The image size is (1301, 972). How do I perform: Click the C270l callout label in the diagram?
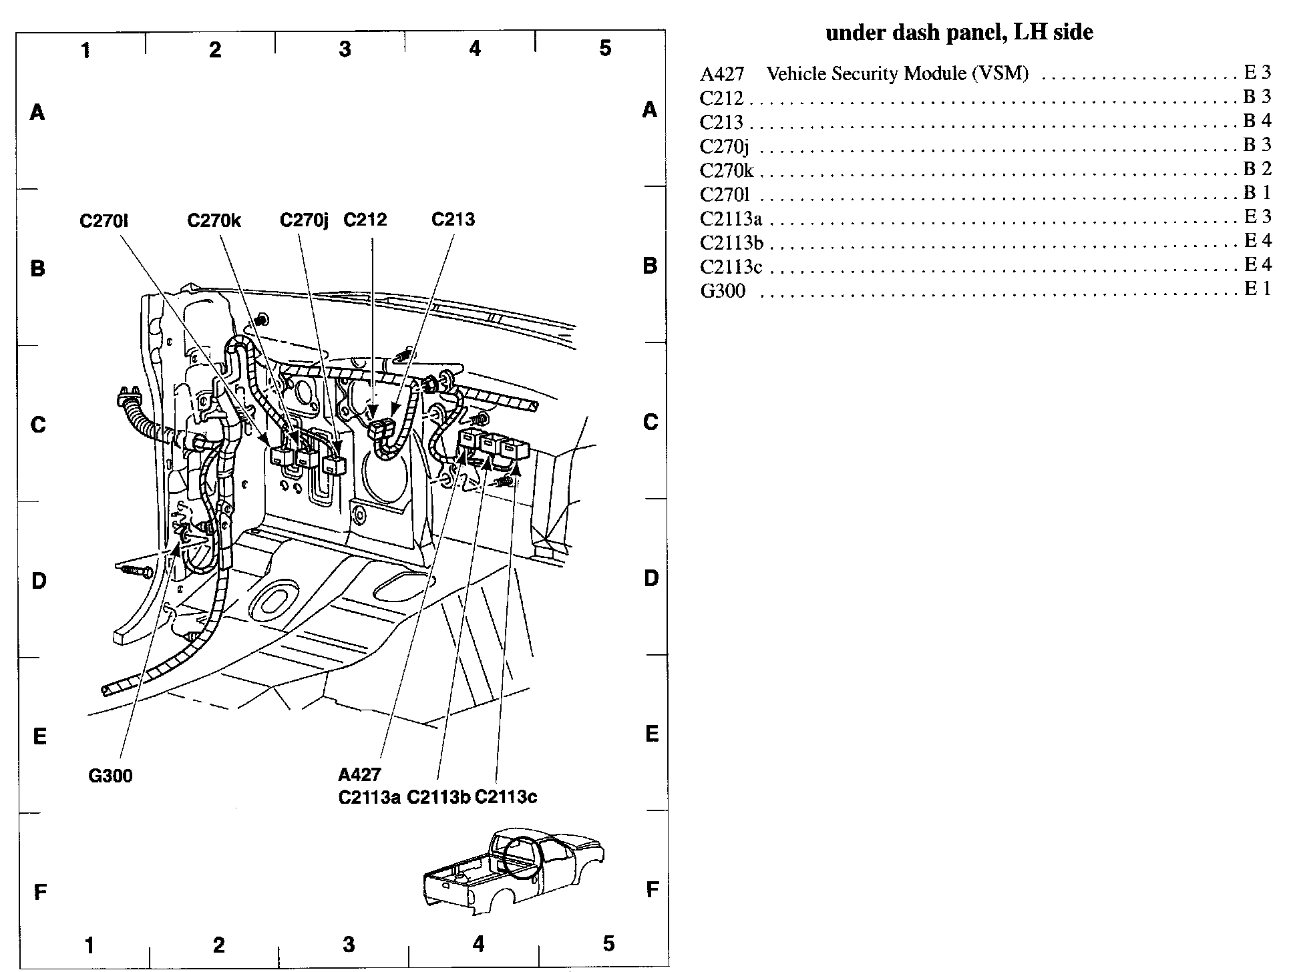coord(104,220)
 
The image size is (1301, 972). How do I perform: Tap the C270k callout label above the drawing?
coord(214,220)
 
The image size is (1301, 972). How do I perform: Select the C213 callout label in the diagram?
coord(453,220)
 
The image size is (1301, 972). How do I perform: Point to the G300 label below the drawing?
coord(110,776)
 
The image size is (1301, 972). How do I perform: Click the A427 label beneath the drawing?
coord(359,774)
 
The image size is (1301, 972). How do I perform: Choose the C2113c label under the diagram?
coord(506,797)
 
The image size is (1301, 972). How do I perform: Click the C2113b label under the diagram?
coord(439,797)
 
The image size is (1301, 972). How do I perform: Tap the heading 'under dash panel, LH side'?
coord(959,33)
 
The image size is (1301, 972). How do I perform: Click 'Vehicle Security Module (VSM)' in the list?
coord(897,73)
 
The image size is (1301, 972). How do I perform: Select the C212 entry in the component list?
coord(721,98)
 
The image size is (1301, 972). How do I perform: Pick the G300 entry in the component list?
coord(723,291)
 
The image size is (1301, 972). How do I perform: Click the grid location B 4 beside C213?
coord(1257,120)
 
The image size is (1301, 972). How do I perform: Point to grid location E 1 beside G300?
coord(1257,288)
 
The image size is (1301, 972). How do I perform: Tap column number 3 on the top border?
coord(345,49)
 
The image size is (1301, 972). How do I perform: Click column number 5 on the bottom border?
coord(608,943)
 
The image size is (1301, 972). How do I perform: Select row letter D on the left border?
coord(39,581)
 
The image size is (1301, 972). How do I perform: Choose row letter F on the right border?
coord(653,889)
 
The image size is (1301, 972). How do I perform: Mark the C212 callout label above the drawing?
coord(365,220)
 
